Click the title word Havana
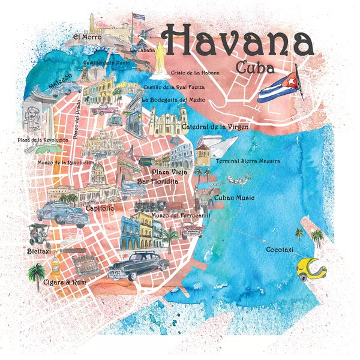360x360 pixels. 238,40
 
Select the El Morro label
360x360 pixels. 85,37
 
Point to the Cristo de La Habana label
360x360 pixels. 195,73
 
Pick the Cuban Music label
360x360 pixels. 234,197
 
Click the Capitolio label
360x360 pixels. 100,208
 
